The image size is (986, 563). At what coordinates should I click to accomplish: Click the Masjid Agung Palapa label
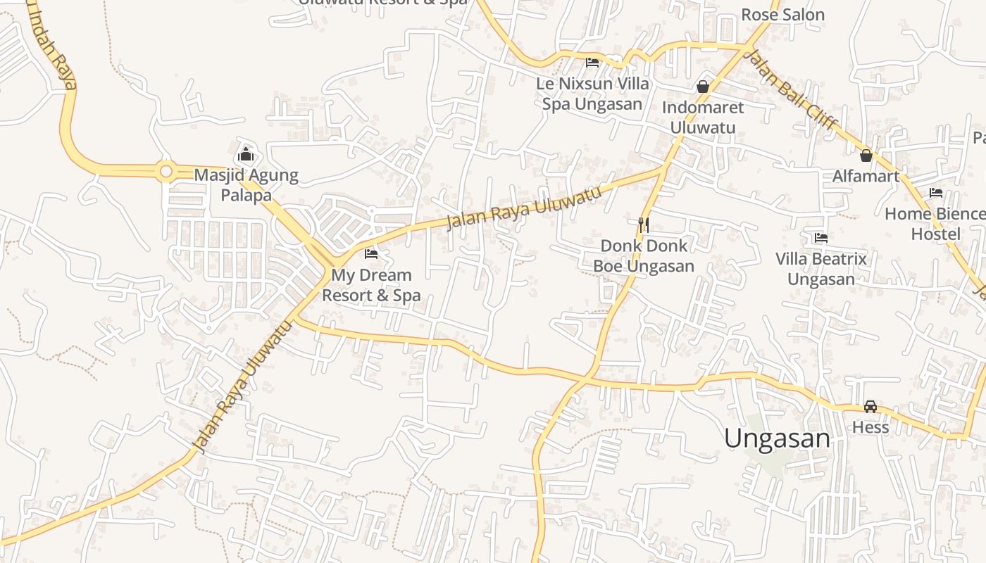click(246, 185)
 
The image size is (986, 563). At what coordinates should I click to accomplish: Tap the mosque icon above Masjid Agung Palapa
click(246, 153)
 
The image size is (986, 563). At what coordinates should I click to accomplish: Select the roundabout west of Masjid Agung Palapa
click(166, 171)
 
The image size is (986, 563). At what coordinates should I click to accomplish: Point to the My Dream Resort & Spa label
click(371, 285)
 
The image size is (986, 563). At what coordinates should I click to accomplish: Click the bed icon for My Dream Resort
click(371, 254)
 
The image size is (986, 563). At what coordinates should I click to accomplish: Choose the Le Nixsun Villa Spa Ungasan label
click(592, 94)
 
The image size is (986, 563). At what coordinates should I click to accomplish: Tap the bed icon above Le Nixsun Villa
click(592, 62)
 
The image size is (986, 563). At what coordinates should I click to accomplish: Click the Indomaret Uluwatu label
click(702, 118)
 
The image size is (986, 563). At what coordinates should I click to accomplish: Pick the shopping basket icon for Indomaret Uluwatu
click(702, 87)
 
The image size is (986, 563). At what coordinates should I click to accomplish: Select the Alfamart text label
click(866, 176)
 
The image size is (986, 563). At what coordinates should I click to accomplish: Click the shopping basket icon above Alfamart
click(866, 156)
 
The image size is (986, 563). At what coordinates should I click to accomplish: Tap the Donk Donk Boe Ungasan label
click(644, 256)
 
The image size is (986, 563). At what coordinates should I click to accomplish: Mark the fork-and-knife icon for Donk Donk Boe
click(643, 224)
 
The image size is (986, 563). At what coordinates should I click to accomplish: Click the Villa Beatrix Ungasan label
click(821, 269)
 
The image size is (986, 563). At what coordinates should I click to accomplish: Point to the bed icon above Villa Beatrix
click(820, 238)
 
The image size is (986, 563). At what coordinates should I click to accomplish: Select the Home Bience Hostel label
click(935, 224)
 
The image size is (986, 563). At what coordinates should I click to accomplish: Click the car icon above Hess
click(870, 407)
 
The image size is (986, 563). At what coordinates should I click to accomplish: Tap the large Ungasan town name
click(778, 438)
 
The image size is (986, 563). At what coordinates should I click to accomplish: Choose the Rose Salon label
click(782, 15)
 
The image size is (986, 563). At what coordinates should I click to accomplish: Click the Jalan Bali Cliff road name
click(792, 89)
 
